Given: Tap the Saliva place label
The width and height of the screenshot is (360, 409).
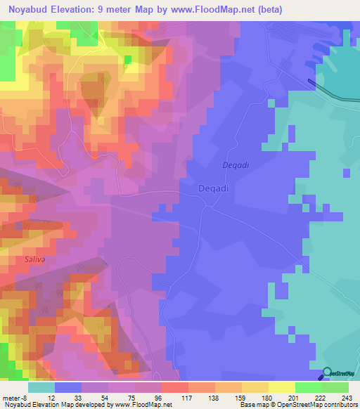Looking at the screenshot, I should click(35, 260).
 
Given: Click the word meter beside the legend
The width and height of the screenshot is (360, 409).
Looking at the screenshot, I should click(11, 398).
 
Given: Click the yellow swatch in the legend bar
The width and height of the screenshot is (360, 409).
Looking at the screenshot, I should click(255, 387).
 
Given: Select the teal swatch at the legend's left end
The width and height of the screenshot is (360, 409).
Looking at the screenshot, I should click(41, 387).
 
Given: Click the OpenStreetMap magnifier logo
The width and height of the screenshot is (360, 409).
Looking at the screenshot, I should click(328, 373).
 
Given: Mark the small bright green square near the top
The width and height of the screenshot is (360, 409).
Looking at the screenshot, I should click(127, 59).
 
